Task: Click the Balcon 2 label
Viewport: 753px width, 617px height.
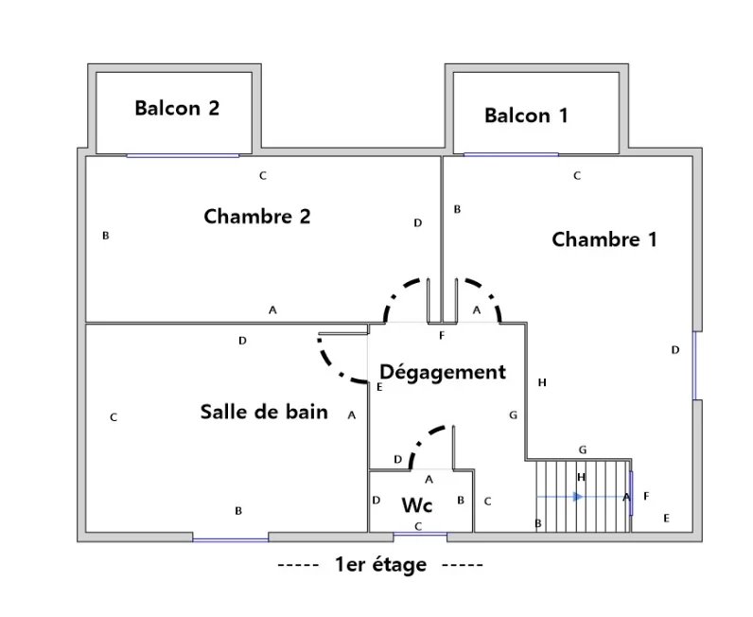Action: [x=177, y=108]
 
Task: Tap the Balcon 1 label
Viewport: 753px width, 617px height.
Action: [x=526, y=115]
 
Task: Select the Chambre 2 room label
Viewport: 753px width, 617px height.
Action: [x=257, y=216]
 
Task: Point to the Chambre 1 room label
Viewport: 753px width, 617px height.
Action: [x=604, y=238]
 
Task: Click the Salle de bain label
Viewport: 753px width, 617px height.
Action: [x=264, y=412]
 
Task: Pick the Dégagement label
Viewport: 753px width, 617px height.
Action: [x=443, y=372]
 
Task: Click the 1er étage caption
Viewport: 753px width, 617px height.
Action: [x=380, y=566]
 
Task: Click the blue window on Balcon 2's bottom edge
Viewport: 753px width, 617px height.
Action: [x=183, y=155]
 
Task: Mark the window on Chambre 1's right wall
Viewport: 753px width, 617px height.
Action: [x=695, y=365]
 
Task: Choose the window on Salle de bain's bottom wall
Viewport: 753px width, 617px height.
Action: [x=231, y=538]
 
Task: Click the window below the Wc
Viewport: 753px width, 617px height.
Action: [x=421, y=536]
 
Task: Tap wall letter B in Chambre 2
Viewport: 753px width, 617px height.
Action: [x=106, y=236]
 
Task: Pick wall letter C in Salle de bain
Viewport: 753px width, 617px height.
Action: [x=114, y=416]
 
